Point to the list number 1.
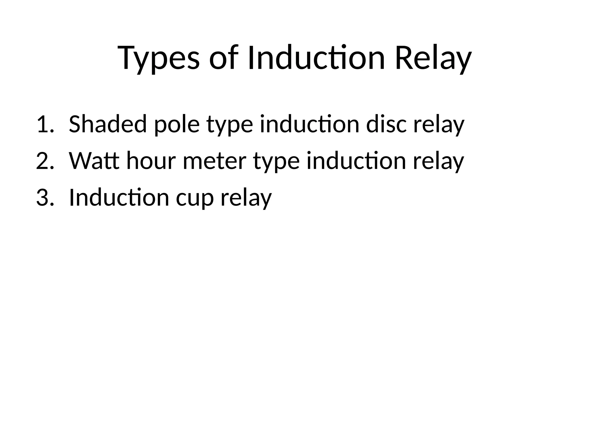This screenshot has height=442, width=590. [x=45, y=124]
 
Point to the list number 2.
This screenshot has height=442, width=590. [x=45, y=161]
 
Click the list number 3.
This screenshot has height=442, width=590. [x=45, y=198]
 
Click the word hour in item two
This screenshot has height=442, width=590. [x=151, y=161]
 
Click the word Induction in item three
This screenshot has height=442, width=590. [x=119, y=198]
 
